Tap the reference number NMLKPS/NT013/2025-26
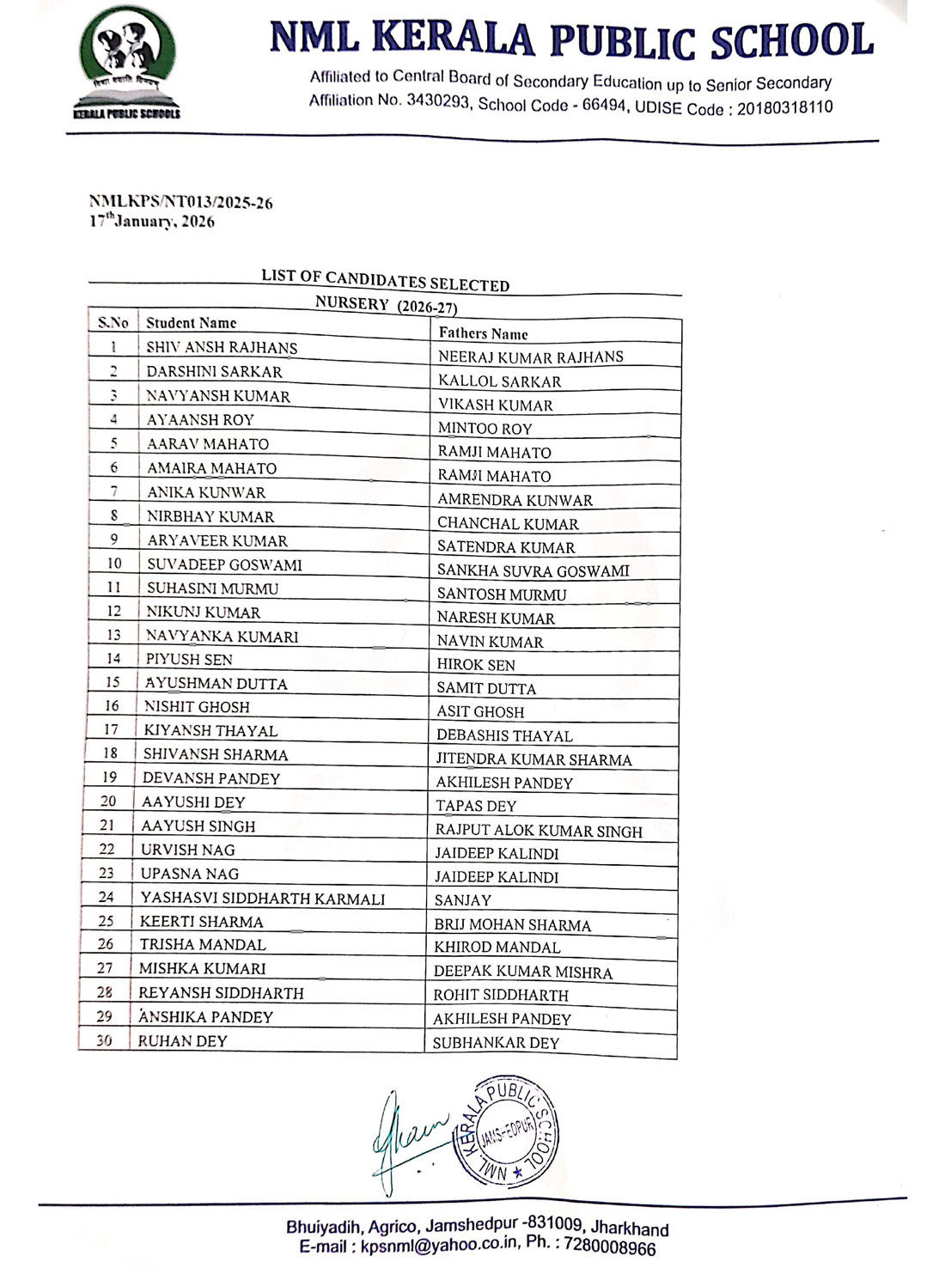tap(180, 203)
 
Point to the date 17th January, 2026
tap(152, 221)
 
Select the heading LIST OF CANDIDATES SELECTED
tap(385, 280)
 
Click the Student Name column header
tap(191, 323)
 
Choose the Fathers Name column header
tap(483, 333)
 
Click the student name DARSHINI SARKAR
tap(214, 372)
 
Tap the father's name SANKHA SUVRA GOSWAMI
tap(533, 570)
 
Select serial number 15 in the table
tap(113, 682)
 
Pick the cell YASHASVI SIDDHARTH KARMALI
tap(263, 898)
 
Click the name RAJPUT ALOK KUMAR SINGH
tap(539, 831)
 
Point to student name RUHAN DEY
tap(183, 1040)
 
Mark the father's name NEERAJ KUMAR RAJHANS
tap(531, 357)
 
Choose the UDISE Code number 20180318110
tap(784, 107)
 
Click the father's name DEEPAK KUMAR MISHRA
tap(522, 972)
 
